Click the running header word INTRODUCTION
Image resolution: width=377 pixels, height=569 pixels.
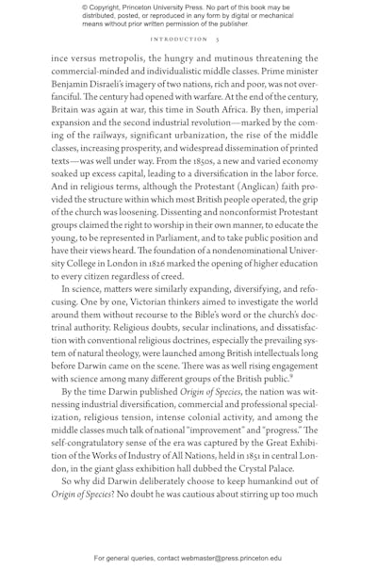point(179,40)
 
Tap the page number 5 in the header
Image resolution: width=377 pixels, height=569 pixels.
point(217,40)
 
